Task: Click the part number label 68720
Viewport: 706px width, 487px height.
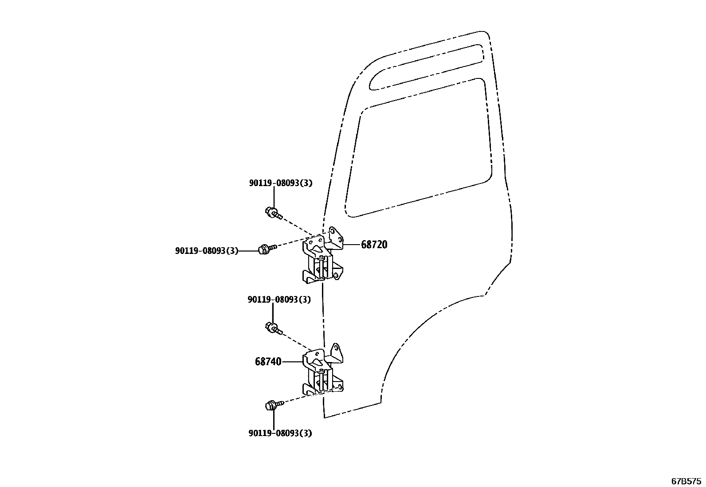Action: tap(374, 245)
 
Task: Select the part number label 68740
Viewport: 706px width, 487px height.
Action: tap(268, 362)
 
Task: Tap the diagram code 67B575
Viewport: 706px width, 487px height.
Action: tap(686, 481)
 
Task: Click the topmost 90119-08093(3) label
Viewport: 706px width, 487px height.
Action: tap(280, 183)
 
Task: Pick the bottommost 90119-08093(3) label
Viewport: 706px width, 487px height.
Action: tap(280, 433)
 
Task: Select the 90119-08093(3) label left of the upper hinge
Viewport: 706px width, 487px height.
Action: tap(207, 251)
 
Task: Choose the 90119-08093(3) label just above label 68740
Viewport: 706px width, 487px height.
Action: tap(279, 300)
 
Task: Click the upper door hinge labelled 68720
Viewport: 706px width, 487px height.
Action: tap(323, 259)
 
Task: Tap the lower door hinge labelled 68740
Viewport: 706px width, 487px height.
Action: tap(323, 372)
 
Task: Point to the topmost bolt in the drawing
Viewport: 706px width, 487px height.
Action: tap(272, 214)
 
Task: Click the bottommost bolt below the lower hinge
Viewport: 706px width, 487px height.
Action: tap(271, 405)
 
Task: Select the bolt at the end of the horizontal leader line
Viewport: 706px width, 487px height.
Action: tap(265, 249)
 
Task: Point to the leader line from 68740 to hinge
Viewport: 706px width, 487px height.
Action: tap(293, 362)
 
